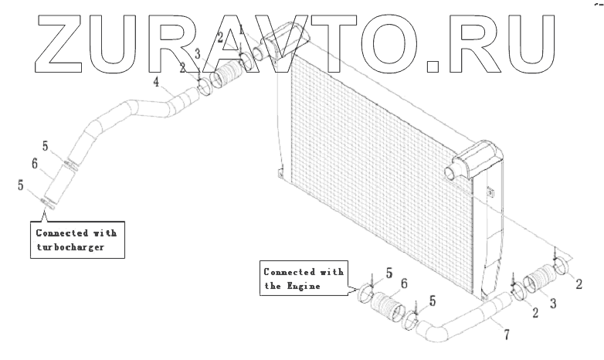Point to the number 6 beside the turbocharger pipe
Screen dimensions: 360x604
tap(35, 164)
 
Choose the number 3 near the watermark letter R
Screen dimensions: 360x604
tap(197, 53)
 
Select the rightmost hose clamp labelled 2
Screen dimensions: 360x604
tap(565, 267)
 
